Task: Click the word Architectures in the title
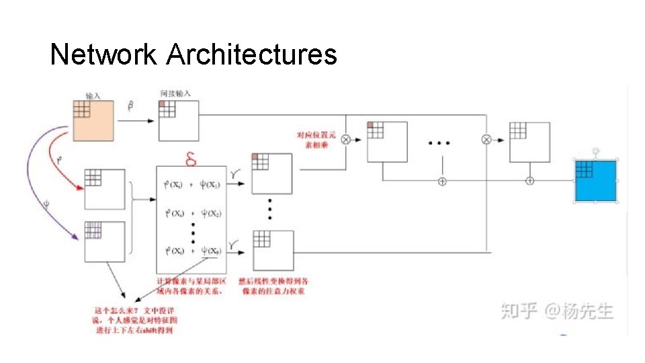(x=251, y=54)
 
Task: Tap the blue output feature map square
(x=595, y=181)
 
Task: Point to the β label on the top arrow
(x=130, y=105)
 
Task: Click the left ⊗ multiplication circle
(x=346, y=140)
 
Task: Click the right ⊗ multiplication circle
(x=486, y=140)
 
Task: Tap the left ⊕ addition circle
(x=442, y=181)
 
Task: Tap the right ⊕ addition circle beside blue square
(x=529, y=180)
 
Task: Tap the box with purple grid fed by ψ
(x=105, y=241)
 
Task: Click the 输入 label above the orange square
(x=93, y=95)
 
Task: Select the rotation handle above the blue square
(x=595, y=151)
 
